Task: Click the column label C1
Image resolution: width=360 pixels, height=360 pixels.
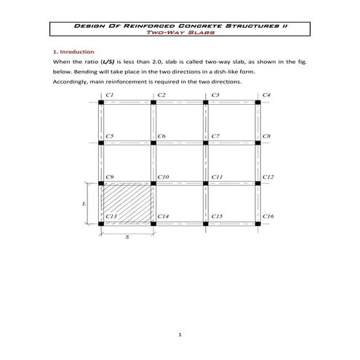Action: coord(109,95)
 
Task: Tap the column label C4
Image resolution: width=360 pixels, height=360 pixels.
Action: coord(267,95)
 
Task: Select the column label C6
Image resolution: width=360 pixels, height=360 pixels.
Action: coord(161,136)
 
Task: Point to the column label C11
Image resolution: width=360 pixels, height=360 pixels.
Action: coord(216,177)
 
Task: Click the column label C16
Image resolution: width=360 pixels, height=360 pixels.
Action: coord(268,217)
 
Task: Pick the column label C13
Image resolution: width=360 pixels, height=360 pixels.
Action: coord(111,217)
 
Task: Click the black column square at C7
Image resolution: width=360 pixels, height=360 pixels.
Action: coord(206,143)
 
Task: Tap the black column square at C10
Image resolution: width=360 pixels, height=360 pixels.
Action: coord(153,183)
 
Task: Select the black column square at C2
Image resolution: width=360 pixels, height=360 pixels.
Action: coord(153,103)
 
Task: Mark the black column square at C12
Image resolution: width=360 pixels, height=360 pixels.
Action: coord(258,183)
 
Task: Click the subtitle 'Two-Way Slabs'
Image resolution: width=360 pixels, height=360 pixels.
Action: coord(179,33)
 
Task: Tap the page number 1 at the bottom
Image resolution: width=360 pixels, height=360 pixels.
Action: coord(179,335)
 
